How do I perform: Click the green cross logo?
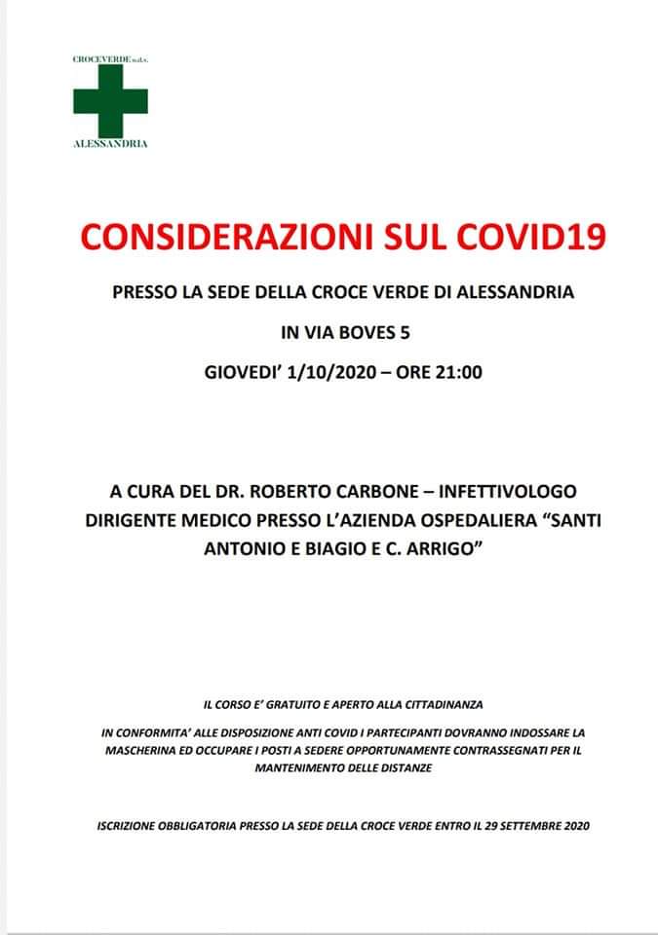click(110, 100)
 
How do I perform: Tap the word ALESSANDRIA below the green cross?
click(110, 143)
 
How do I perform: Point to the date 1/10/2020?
click(329, 371)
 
